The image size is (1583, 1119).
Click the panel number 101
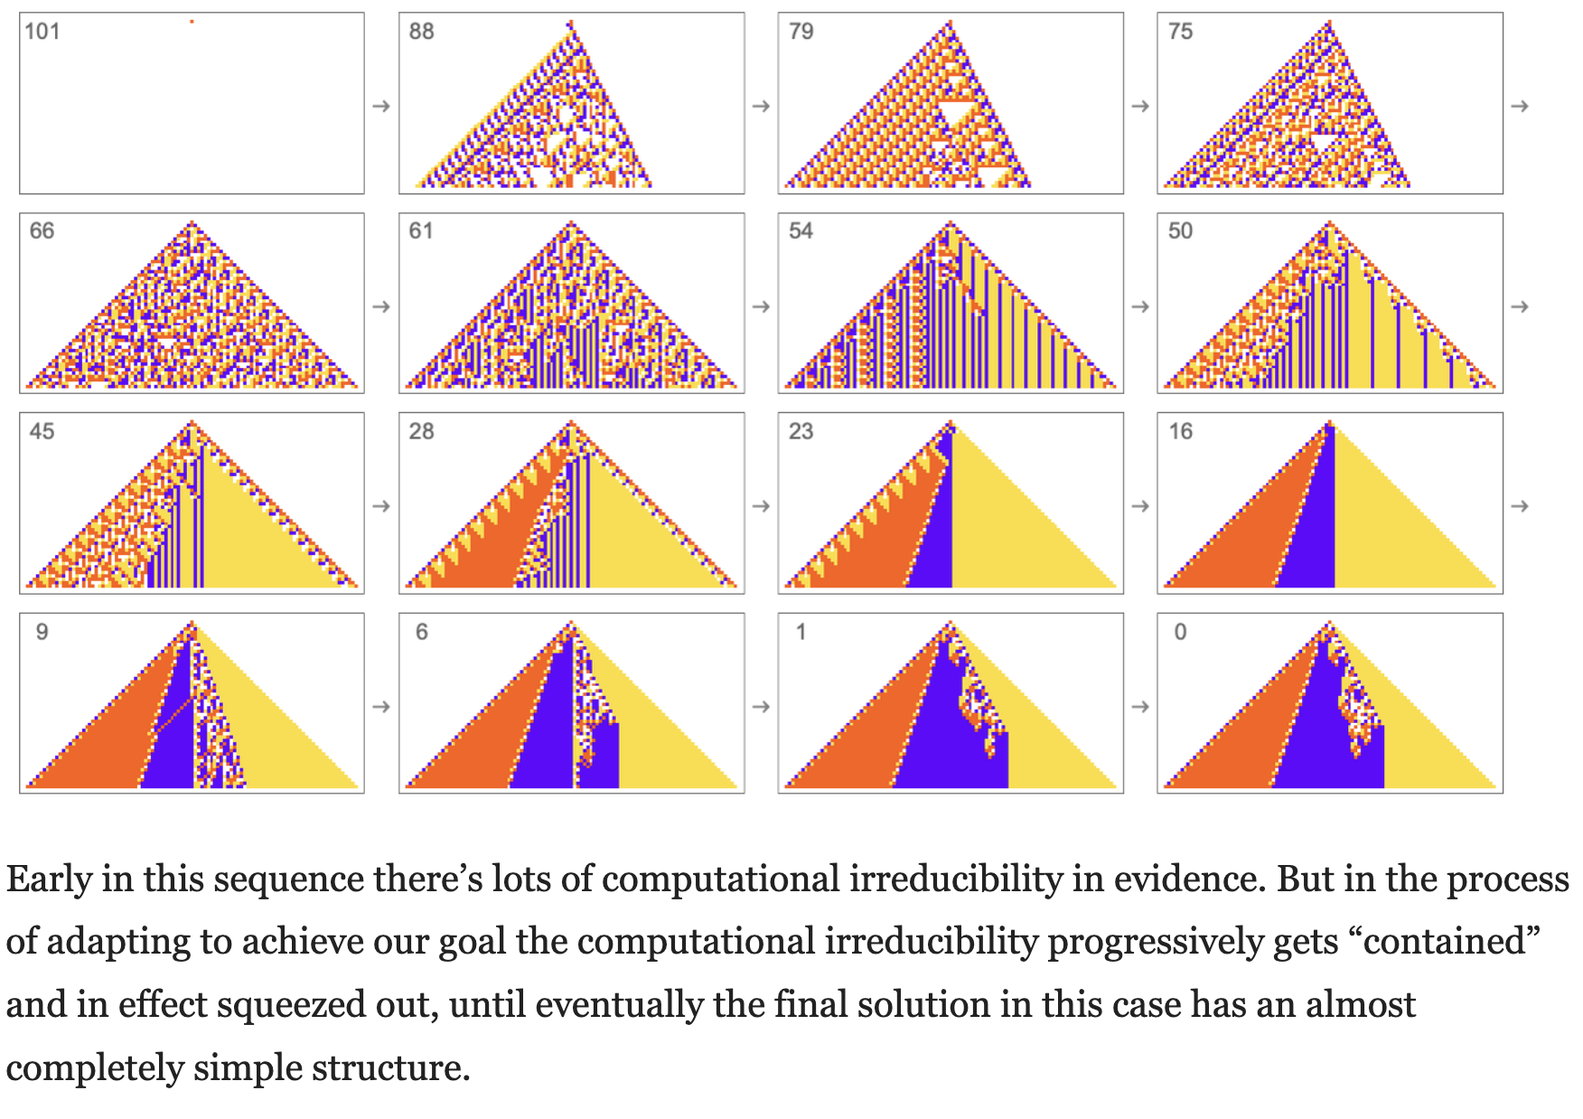(x=42, y=32)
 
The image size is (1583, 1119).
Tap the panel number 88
(x=421, y=32)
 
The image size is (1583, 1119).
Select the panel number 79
(x=801, y=32)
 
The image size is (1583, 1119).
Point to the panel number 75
(x=1180, y=32)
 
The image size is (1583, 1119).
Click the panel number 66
(x=42, y=231)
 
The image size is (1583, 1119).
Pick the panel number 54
(x=801, y=231)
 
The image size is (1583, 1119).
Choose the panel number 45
(x=42, y=432)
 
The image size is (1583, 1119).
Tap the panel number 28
(x=421, y=432)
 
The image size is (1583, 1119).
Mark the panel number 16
(x=1180, y=432)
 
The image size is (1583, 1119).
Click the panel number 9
(x=42, y=633)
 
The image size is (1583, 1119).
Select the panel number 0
(x=1180, y=633)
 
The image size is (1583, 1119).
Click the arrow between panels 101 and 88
(x=381, y=107)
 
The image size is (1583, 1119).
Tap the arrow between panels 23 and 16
(x=1140, y=506)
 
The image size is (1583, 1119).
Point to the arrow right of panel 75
(x=1520, y=107)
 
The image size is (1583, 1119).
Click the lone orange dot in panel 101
(x=192, y=21)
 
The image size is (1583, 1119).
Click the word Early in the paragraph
(x=50, y=879)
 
